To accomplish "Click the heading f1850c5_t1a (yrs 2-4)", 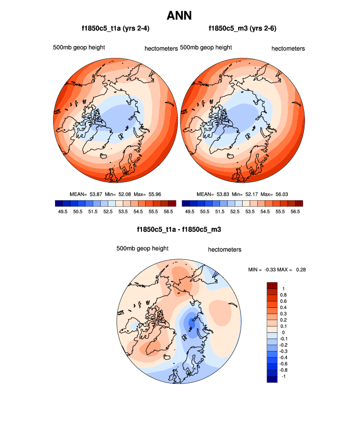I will click(115, 29).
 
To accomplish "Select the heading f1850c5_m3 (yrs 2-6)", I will click(243, 29).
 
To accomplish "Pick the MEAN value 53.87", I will click(96, 194).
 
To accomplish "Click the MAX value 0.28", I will click(300, 270).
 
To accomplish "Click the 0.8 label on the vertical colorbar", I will click(283, 295).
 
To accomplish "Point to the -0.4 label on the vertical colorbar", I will click(283, 357).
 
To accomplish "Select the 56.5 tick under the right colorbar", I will click(295, 211).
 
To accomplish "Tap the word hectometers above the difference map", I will click(224, 250).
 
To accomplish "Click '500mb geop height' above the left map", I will click(80, 48).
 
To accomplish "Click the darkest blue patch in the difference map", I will click(193, 324).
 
